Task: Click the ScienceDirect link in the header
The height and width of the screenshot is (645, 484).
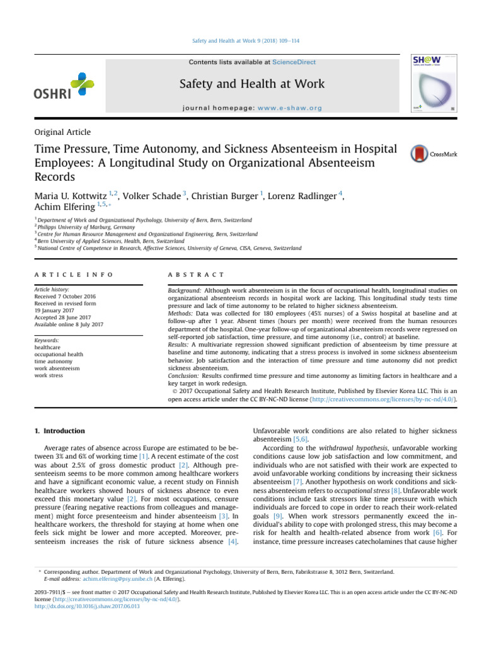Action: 294,62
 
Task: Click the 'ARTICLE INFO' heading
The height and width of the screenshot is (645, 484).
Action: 73,275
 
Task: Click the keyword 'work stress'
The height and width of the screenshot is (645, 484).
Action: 49,374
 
